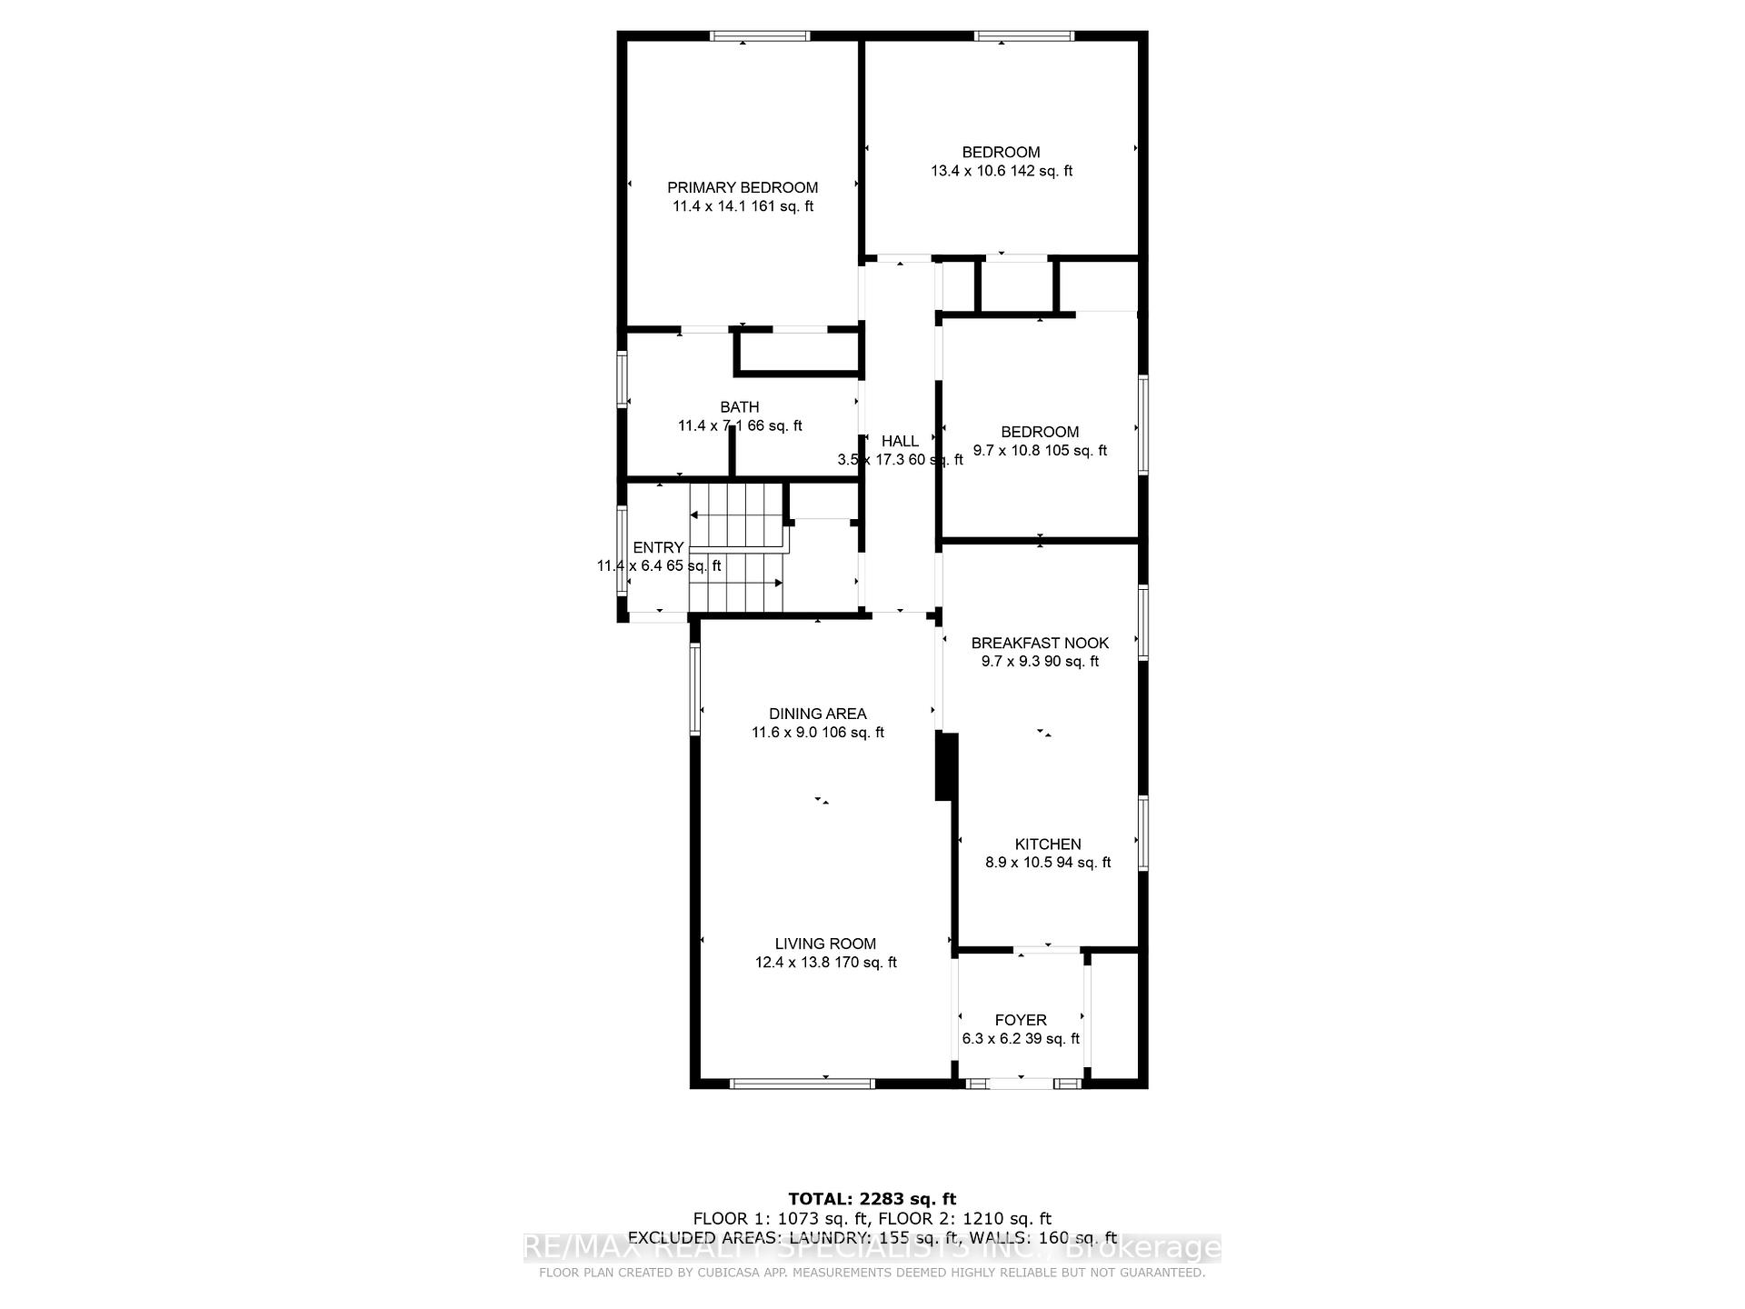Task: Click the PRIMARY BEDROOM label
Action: pos(743,187)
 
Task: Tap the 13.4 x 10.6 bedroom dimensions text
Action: pos(1001,171)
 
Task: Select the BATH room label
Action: pos(739,407)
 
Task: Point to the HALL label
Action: pos(900,441)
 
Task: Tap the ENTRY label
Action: pos(658,547)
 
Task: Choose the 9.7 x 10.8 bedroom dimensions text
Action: pos(1040,451)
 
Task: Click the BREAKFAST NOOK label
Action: pos(1040,643)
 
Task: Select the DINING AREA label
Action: pos(817,714)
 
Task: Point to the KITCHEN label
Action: pos(1047,844)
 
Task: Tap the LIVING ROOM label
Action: pos(825,944)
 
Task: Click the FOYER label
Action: pos(1020,1020)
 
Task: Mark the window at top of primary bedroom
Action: pos(760,36)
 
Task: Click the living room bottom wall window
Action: pos(802,1083)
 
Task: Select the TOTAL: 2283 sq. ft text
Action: pos(872,1199)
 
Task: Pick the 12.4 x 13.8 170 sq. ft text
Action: pos(825,963)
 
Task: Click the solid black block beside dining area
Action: pos(946,767)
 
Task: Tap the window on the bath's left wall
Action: pos(623,379)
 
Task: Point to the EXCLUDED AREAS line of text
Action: pos(872,1237)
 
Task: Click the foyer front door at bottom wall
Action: pos(1022,1083)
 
